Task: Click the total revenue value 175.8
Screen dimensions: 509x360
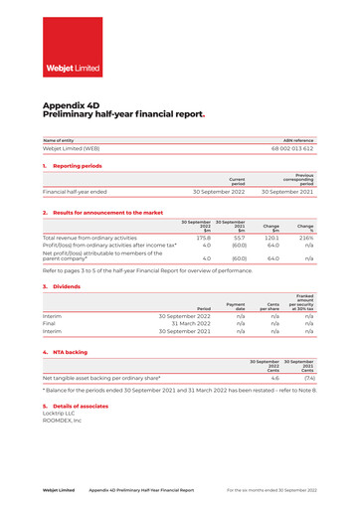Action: [203, 238]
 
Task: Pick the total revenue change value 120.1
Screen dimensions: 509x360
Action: [270, 238]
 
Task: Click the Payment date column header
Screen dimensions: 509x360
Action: [236, 306]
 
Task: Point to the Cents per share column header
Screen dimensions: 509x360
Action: [270, 306]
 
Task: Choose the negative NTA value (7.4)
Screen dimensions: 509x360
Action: [308, 378]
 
